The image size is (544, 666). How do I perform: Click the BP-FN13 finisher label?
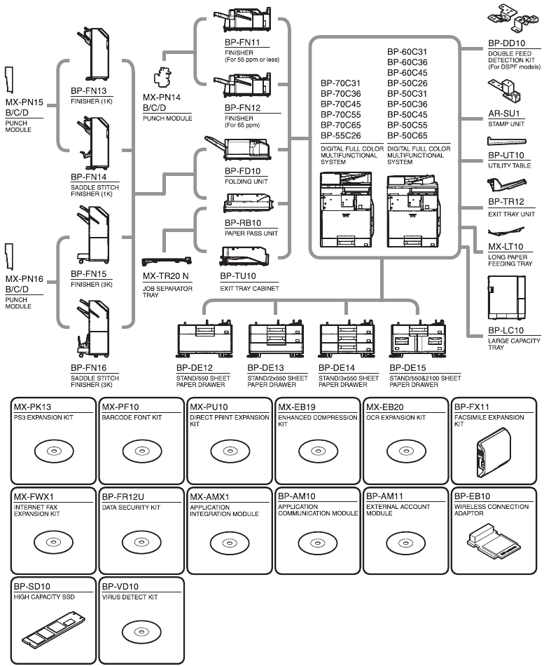click(x=88, y=91)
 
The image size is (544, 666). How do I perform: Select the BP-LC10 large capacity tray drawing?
click(x=505, y=296)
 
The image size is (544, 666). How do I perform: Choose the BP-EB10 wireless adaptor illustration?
click(x=493, y=541)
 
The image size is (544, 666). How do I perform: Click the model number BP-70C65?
click(x=341, y=125)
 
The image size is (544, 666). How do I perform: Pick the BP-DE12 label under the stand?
click(x=193, y=367)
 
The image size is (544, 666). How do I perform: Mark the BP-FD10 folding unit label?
click(x=242, y=171)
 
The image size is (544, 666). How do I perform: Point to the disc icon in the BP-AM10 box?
click(x=316, y=541)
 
